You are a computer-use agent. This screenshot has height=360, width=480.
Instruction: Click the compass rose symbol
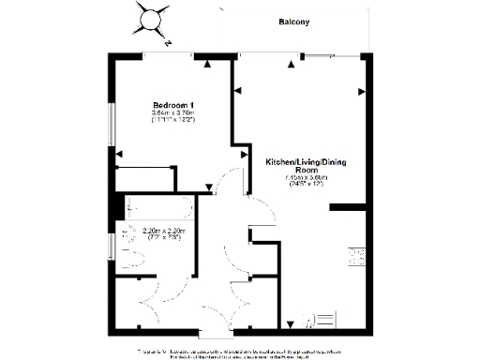[153, 18]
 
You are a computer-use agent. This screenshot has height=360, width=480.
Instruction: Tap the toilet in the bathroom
[131, 260]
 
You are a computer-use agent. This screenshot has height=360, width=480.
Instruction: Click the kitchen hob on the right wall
[357, 256]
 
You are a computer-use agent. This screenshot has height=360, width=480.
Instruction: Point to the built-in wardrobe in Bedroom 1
[145, 178]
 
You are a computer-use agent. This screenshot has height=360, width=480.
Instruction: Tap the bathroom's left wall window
[111, 246]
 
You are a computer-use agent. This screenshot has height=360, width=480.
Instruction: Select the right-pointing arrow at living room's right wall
[362, 92]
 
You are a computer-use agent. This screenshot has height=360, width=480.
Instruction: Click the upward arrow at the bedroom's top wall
[206, 64]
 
